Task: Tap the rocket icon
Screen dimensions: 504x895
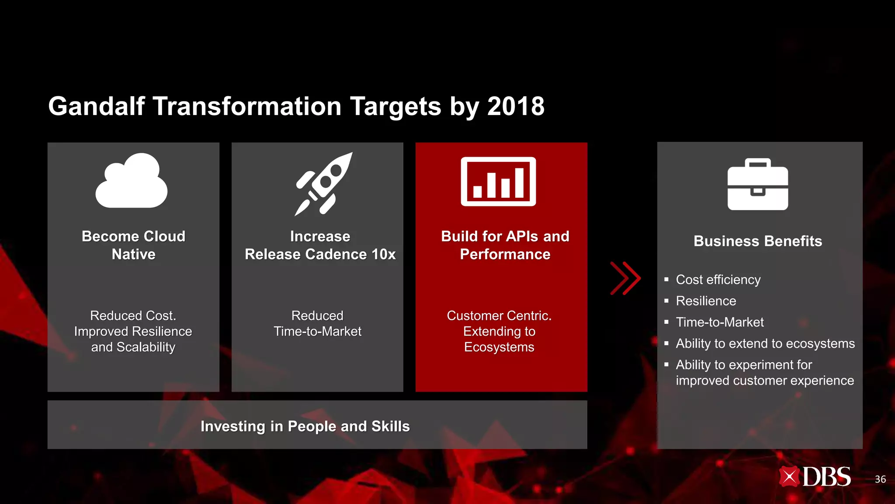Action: (x=324, y=184)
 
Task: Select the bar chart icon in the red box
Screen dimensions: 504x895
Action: (x=498, y=182)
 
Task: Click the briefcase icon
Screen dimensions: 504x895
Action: (x=758, y=185)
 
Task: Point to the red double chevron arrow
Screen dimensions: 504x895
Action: (x=625, y=278)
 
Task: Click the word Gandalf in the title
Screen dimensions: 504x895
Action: (x=96, y=106)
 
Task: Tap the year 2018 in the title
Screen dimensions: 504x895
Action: (x=516, y=106)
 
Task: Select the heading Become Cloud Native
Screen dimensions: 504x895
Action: (x=134, y=245)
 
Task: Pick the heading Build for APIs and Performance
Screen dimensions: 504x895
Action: (x=505, y=245)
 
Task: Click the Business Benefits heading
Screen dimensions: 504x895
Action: (x=758, y=241)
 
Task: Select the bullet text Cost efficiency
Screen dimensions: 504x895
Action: (x=718, y=280)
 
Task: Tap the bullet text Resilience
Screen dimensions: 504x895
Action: (x=706, y=301)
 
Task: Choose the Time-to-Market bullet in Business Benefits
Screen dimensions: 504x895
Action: (x=720, y=322)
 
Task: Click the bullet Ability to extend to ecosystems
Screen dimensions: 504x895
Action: (x=765, y=343)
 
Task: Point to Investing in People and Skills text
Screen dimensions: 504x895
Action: (x=305, y=426)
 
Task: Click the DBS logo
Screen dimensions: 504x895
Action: (x=815, y=477)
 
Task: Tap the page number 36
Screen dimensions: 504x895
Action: (x=880, y=479)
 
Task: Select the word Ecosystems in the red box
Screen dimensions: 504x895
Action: (x=499, y=347)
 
